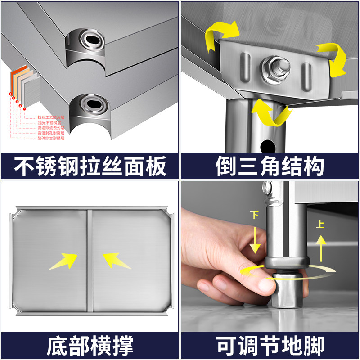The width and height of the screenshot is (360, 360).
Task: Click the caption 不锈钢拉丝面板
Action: pos(90,166)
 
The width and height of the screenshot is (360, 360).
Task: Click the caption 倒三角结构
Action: pos(270,166)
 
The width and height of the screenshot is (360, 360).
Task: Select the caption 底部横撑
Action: pos(90,346)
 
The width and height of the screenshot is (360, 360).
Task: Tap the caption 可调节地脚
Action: pos(270,346)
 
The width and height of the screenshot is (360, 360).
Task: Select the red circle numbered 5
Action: pos(24,109)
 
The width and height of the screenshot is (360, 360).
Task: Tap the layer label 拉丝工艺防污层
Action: pos(51,118)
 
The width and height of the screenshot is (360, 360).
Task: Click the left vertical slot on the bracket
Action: pos(245,67)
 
